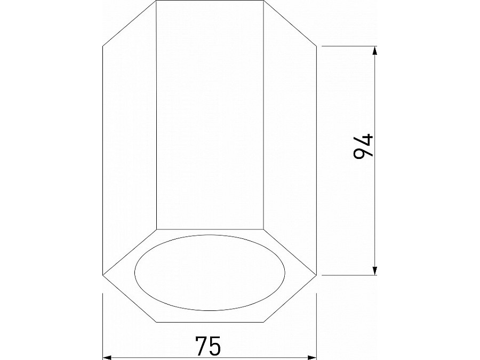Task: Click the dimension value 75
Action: coord(207,346)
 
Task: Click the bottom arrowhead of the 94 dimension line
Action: coord(375,271)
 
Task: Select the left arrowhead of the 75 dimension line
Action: coord(107,356)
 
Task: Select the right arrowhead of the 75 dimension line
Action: coord(313,356)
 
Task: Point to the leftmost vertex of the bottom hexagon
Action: coord(102,275)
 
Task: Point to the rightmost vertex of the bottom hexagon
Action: coord(318,275)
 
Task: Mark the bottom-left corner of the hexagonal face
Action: coord(156,322)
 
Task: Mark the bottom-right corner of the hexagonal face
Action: coord(264,322)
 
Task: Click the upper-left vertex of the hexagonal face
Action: coord(156,229)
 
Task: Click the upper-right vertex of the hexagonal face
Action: coord(264,229)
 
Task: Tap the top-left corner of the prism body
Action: coord(156,1)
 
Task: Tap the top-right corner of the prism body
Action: coord(264,1)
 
